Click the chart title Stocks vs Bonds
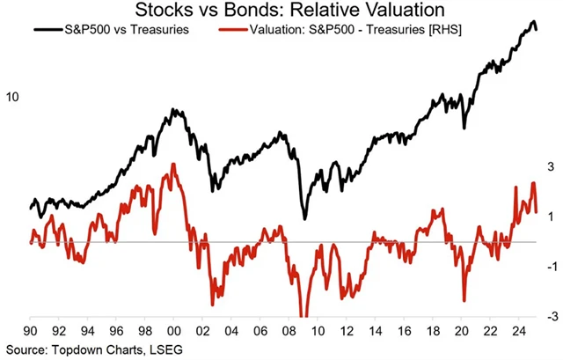point(281,11)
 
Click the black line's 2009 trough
point(304,218)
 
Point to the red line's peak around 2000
point(173,164)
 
